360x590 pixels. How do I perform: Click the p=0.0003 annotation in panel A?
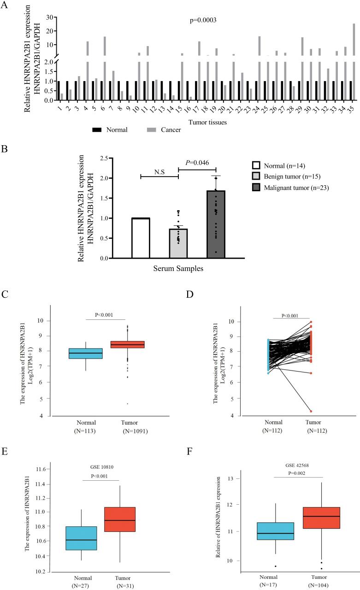pyautogui.click(x=203, y=20)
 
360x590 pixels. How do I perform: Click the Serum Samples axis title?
pyautogui.click(x=178, y=268)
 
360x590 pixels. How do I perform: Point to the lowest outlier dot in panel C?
pyautogui.click(x=127, y=404)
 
